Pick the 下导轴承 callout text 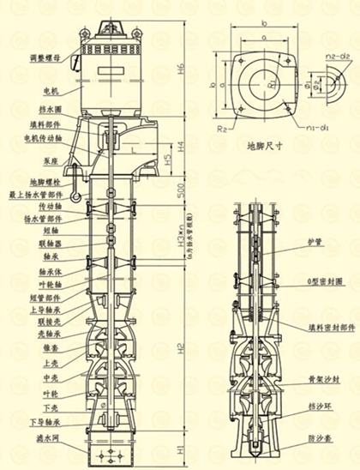pos(46,422)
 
